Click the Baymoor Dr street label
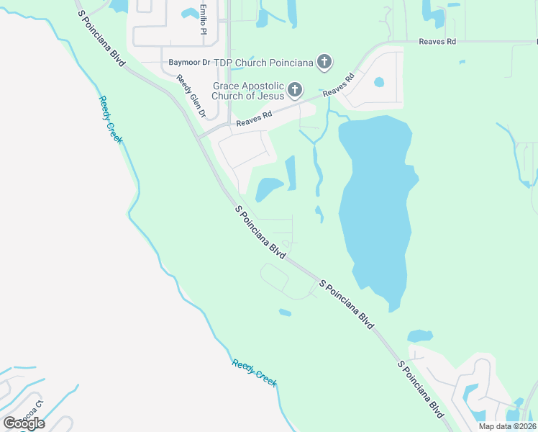pyautogui.click(x=188, y=63)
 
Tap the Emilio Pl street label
pyautogui.click(x=204, y=21)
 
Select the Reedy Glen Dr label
pyautogui.click(x=191, y=98)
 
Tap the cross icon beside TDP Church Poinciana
pyautogui.click(x=324, y=62)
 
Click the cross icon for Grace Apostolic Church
pyautogui.click(x=294, y=90)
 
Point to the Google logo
pyautogui.click(x=24, y=423)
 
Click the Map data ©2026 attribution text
pyautogui.click(x=507, y=426)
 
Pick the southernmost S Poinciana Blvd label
pyautogui.click(x=421, y=390)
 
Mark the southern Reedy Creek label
pyautogui.click(x=255, y=373)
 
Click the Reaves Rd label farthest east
pyautogui.click(x=437, y=42)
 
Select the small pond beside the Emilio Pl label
pyautogui.click(x=190, y=14)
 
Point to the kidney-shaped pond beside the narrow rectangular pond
pyautogui.click(x=268, y=189)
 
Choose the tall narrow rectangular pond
pyautogui.click(x=291, y=173)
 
